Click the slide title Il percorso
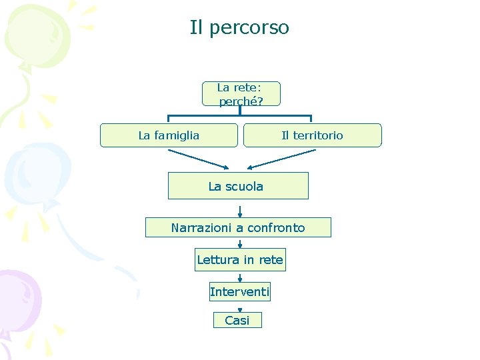click(x=239, y=28)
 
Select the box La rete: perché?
click(x=241, y=94)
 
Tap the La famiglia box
click(x=169, y=135)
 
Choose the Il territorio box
click(x=312, y=135)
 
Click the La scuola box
click(x=237, y=186)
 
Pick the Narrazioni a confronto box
click(x=238, y=227)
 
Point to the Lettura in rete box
click(x=240, y=259)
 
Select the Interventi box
click(x=240, y=291)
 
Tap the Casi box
click(x=237, y=320)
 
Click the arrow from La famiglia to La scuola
click(x=198, y=159)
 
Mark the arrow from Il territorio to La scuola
click(x=281, y=159)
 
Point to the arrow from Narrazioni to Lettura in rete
click(x=240, y=243)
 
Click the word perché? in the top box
click(x=241, y=101)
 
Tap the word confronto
click(x=276, y=228)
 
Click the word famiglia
click(x=177, y=135)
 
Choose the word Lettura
click(x=217, y=259)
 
